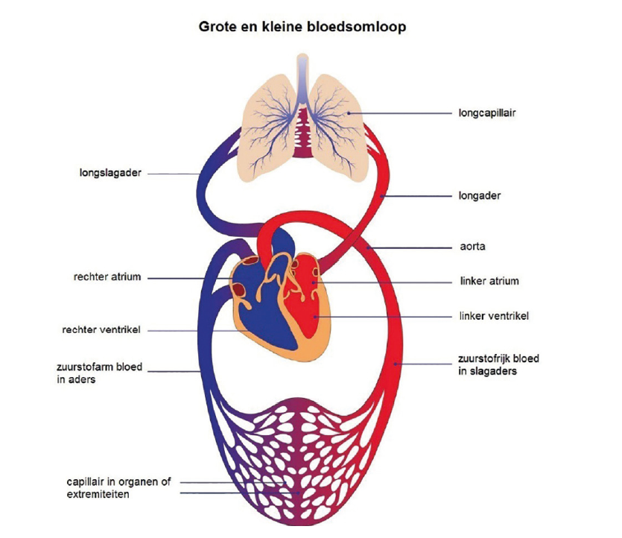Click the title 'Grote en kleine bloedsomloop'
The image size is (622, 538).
click(x=302, y=27)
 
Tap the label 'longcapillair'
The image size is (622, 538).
click(x=487, y=113)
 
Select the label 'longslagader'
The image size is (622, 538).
click(x=110, y=173)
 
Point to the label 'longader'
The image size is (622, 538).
click(x=480, y=195)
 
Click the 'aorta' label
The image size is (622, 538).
click(x=472, y=247)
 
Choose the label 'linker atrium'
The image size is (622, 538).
click(x=489, y=281)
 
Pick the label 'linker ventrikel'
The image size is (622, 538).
click(x=494, y=316)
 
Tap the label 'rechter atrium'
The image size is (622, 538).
click(x=107, y=276)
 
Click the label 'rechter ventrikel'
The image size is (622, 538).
click(x=101, y=329)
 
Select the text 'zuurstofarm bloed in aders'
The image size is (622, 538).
click(x=99, y=373)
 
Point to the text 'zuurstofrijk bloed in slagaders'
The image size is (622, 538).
click(x=498, y=364)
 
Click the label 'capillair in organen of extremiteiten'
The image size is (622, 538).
click(x=118, y=488)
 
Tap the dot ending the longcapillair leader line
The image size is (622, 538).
click(x=349, y=113)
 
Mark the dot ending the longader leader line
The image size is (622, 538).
click(x=381, y=196)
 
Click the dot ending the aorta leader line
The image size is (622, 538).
click(x=369, y=248)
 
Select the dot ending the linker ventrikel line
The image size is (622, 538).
click(x=315, y=317)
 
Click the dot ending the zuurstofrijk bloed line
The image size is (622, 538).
click(x=395, y=364)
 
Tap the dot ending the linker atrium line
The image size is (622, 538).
click(x=314, y=282)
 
